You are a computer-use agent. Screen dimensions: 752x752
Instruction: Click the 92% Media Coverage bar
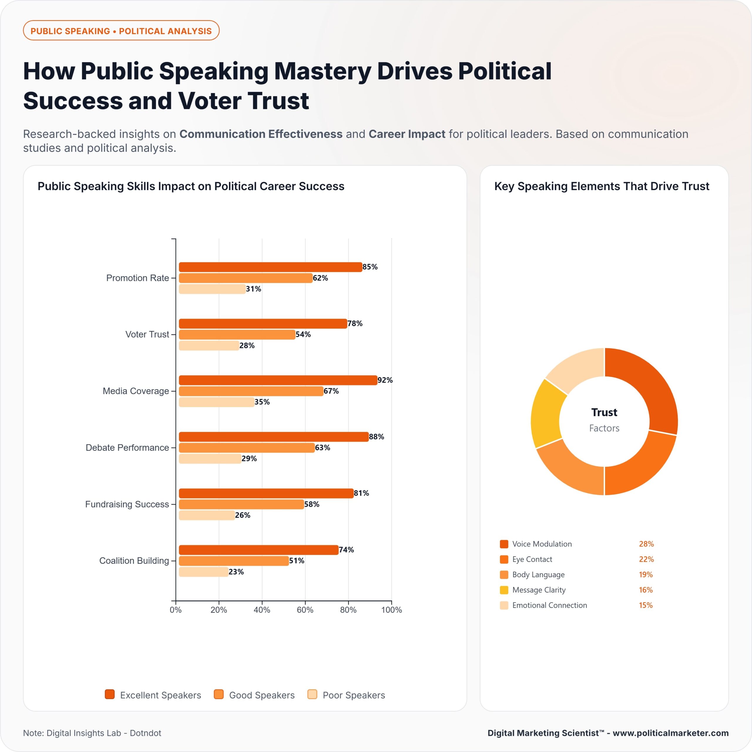tap(278, 380)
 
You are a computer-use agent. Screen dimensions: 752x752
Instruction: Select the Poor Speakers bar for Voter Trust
tap(209, 346)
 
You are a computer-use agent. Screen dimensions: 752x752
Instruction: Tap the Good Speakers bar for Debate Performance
tap(247, 448)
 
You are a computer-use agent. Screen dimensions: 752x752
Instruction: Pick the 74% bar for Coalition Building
tap(258, 550)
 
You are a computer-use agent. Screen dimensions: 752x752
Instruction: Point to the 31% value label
tap(254, 289)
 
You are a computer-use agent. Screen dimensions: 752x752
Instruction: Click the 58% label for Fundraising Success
tap(312, 504)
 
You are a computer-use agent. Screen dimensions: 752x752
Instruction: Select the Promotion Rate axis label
tap(137, 278)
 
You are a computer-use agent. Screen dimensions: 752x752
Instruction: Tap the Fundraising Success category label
tap(127, 504)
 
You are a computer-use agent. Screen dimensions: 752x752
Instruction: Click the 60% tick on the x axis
tap(305, 610)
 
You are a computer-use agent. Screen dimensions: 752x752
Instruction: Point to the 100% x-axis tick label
tap(392, 610)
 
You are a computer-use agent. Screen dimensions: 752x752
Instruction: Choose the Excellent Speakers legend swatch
tap(110, 694)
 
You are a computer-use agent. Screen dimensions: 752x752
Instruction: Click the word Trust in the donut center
tap(604, 412)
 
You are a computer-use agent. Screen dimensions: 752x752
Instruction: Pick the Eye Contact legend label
tap(532, 559)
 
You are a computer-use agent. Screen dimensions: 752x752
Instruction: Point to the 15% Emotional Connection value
tap(646, 605)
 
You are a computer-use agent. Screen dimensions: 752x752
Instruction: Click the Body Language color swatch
tap(504, 575)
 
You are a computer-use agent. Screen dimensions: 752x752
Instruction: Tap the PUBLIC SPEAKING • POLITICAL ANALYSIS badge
tap(121, 31)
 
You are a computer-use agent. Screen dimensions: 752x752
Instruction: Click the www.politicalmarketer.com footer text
tap(671, 733)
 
